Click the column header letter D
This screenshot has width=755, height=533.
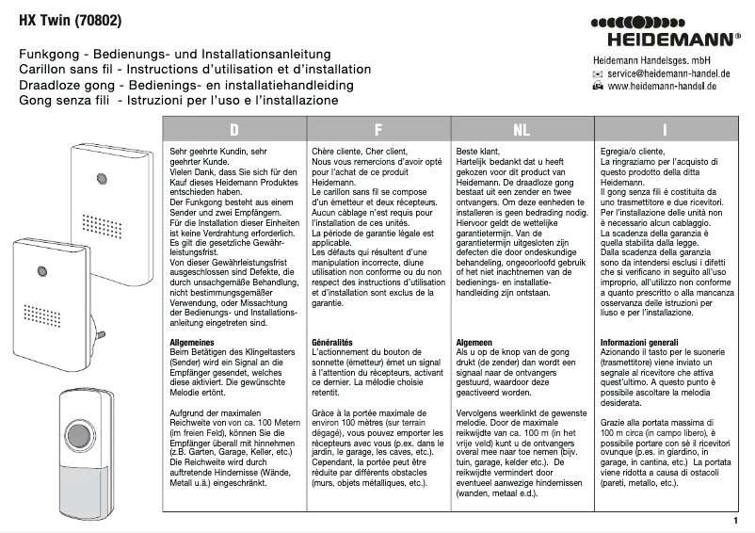(234, 130)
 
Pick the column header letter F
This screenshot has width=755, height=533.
(378, 130)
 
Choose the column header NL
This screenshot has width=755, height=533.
(522, 130)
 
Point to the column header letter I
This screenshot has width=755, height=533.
(666, 130)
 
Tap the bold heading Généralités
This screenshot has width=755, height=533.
(332, 343)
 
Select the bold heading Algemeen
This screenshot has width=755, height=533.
(475, 343)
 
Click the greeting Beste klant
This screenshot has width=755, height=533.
(477, 151)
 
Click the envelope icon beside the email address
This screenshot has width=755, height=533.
(598, 73)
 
